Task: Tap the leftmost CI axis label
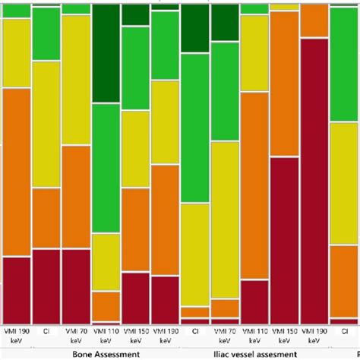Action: [x=46, y=332]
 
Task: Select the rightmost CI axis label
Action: [x=195, y=332]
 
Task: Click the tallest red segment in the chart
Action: [x=314, y=182]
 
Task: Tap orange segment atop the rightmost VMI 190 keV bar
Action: [x=314, y=21]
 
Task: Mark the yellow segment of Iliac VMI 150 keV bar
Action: [x=284, y=6]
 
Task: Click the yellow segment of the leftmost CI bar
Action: [x=46, y=124]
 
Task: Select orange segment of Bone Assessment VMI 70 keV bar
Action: [x=76, y=197]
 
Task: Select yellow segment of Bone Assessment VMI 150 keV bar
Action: [x=135, y=149]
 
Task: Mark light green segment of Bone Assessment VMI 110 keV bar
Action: [x=106, y=167]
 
